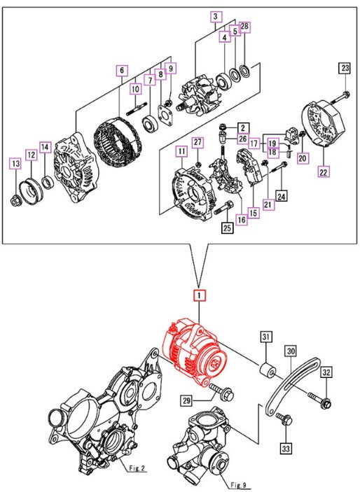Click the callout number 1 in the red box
point(200,295)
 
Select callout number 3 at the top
point(216,16)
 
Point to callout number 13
point(15,164)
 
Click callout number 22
point(323,170)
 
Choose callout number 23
point(345,68)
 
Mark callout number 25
point(227,227)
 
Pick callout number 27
point(198,142)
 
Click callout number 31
point(266,338)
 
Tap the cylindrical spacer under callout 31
point(267,370)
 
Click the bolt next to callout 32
point(324,401)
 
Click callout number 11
point(181,150)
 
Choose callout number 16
point(241,220)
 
